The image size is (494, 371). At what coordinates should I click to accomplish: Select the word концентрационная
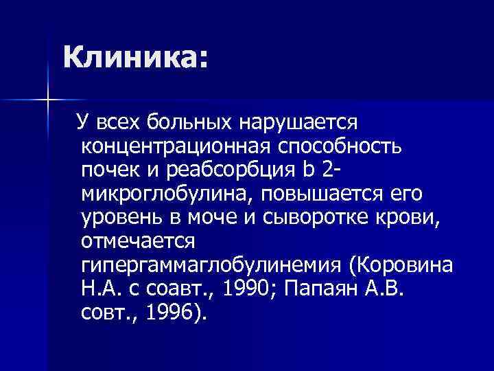point(177,146)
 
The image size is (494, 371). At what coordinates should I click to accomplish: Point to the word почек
point(106,170)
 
